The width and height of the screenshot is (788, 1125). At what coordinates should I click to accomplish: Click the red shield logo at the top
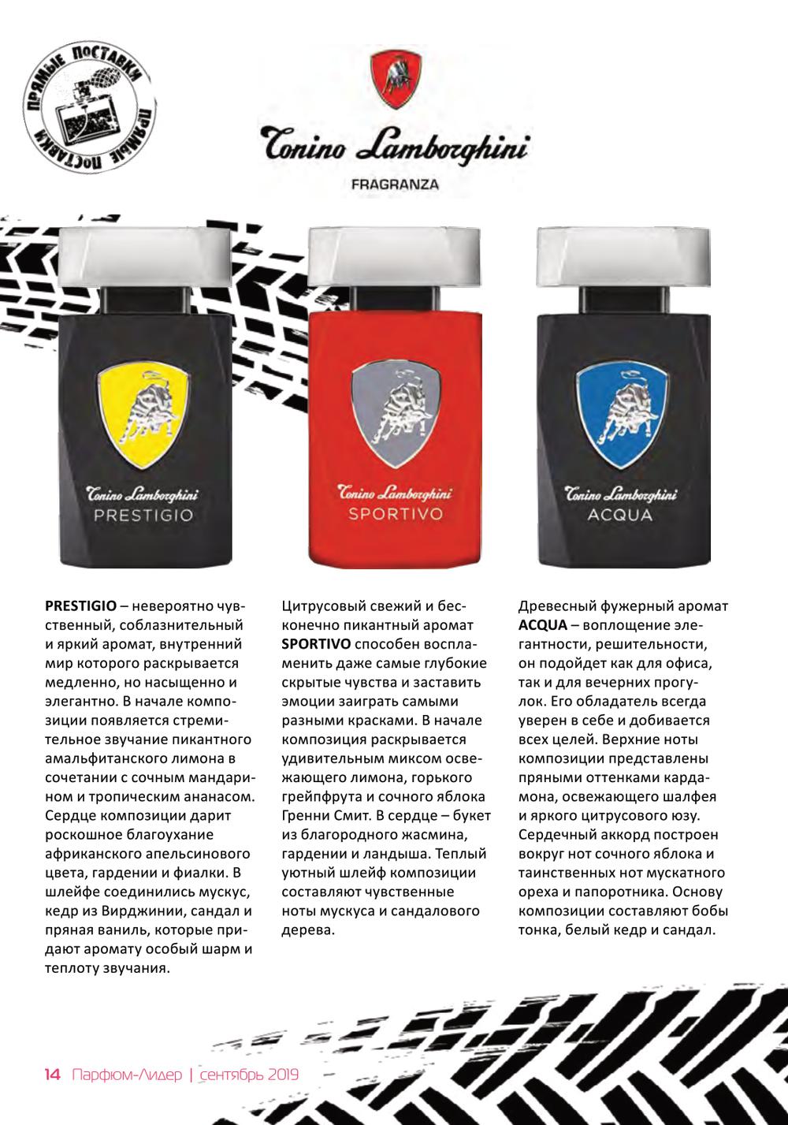398,76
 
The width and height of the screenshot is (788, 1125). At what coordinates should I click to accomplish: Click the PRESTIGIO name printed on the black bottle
143,517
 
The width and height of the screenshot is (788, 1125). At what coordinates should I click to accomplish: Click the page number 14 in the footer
52,1075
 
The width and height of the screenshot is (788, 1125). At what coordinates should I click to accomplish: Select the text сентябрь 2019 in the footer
249,1075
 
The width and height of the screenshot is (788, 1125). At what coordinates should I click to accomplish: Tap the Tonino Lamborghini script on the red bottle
395,494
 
